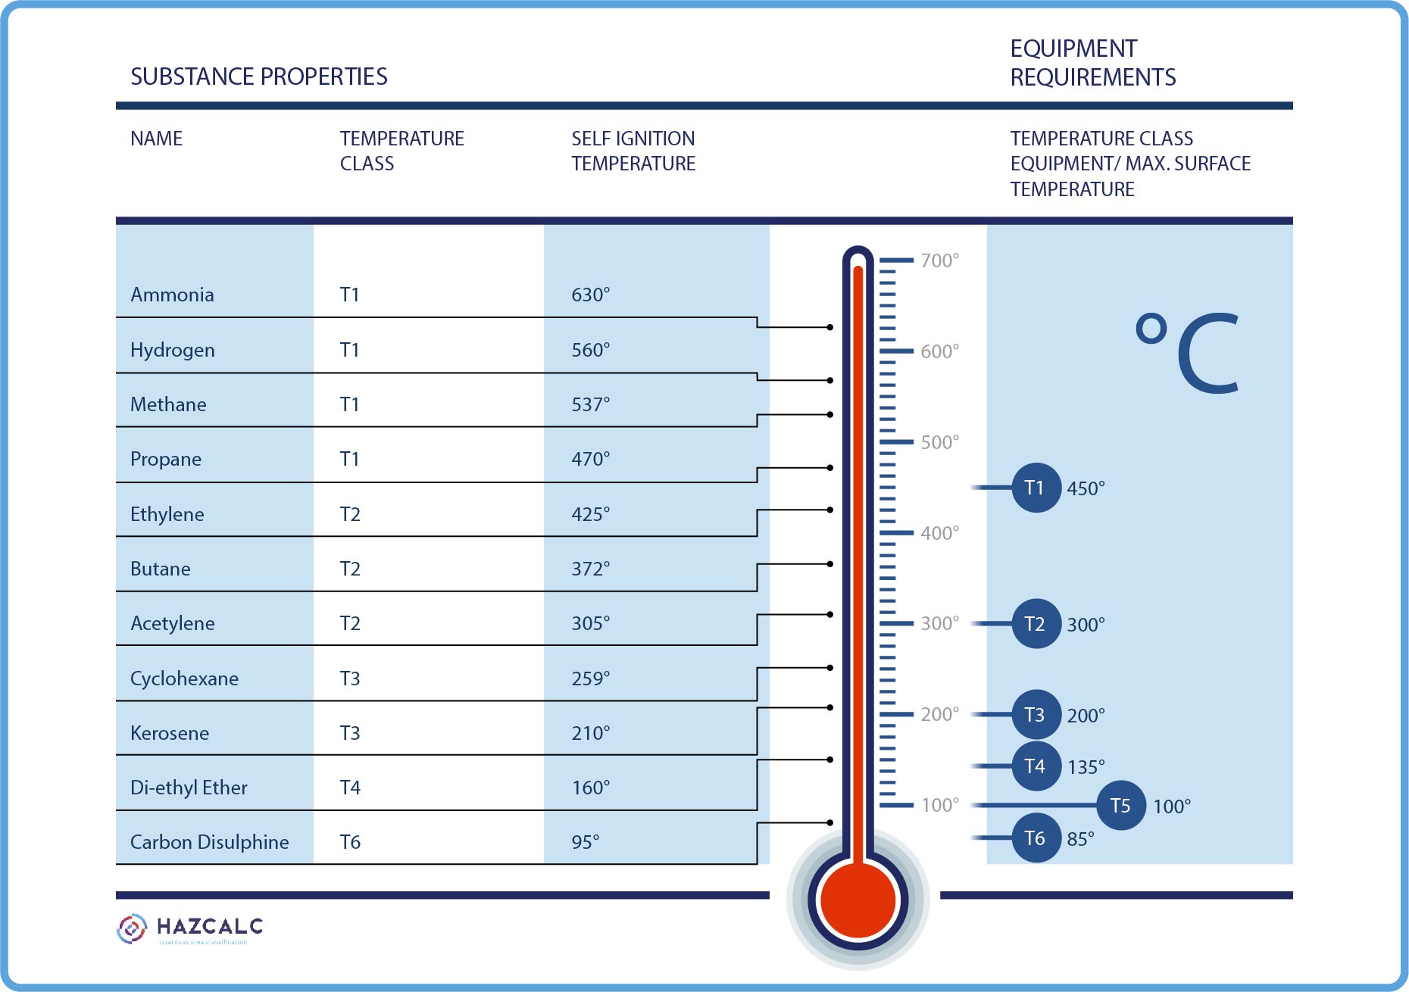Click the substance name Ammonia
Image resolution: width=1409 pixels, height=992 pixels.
[x=172, y=295]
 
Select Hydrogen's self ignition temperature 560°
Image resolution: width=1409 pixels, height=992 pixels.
[x=590, y=350]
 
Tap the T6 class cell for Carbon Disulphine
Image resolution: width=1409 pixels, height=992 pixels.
[x=350, y=842]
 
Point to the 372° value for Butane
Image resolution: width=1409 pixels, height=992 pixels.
[x=590, y=569]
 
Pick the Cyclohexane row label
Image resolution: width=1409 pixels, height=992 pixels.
[x=184, y=678]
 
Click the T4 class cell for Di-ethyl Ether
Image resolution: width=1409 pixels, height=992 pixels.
[x=350, y=788]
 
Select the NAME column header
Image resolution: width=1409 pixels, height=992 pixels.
[x=156, y=139]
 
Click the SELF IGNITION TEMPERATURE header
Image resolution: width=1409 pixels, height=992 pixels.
[x=633, y=151]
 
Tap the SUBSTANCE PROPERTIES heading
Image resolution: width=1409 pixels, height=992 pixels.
[x=258, y=76]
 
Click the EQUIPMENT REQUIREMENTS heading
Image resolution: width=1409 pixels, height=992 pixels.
[x=1092, y=63]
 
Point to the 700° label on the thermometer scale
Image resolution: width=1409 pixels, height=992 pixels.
[x=939, y=260]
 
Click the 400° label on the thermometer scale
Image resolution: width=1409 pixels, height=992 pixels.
[x=939, y=533]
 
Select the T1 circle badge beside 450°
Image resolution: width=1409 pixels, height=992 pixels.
[x=1036, y=488]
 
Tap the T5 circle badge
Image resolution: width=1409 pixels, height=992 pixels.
[x=1121, y=805]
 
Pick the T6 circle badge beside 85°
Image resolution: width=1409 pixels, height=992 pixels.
[x=1036, y=838]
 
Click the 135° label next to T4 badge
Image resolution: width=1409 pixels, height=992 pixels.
[x=1086, y=767]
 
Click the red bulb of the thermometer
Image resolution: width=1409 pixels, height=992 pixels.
[x=858, y=900]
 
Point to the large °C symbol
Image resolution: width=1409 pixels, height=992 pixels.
[x=1188, y=352]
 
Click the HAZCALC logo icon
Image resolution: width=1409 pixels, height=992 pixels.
[x=132, y=928]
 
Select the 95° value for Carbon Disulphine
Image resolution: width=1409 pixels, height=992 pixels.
[x=585, y=842]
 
